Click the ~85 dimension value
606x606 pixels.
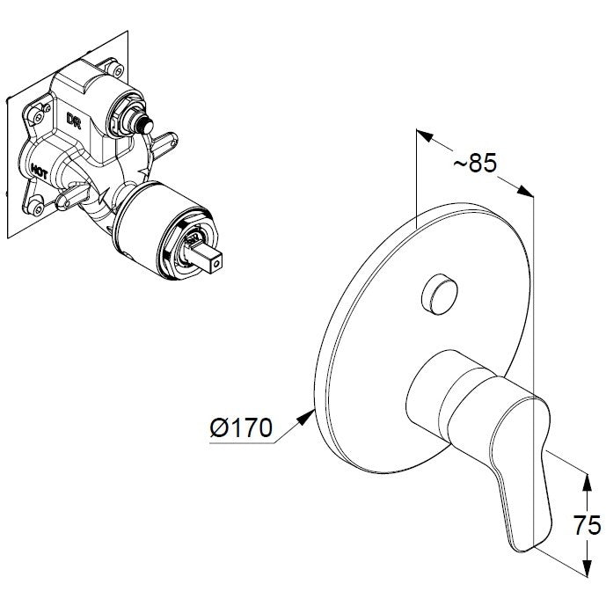[475, 163]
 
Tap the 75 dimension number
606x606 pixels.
[587, 526]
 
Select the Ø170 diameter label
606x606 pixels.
[241, 428]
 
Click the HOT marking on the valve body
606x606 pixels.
[40, 172]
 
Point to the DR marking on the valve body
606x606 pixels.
[73, 120]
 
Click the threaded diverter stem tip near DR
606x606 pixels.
[146, 124]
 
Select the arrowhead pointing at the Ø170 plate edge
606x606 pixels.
[306, 418]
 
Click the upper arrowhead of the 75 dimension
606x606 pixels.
[587, 482]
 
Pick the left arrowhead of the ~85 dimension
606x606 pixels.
[424, 135]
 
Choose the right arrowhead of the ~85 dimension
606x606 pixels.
[525, 191]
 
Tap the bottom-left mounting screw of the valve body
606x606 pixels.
[38, 209]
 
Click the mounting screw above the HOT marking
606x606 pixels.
[37, 115]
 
